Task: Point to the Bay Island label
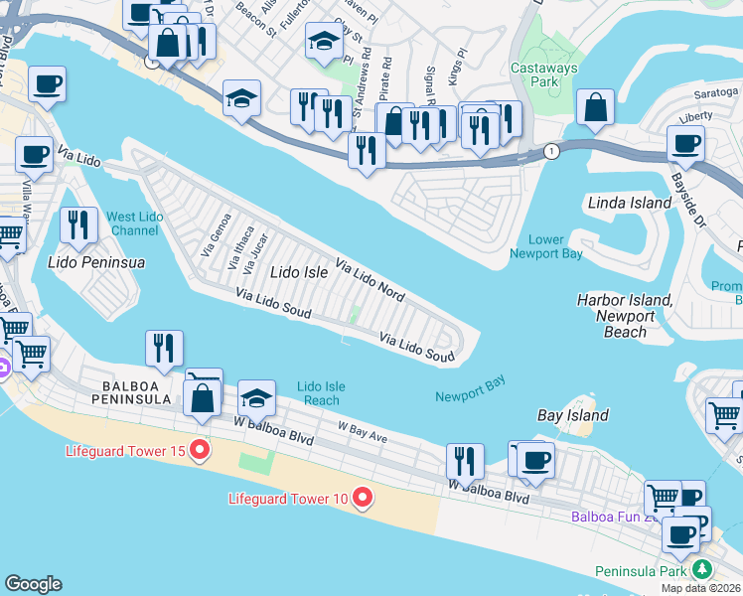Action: pyautogui.click(x=572, y=415)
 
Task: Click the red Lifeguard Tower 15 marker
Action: pyautogui.click(x=200, y=450)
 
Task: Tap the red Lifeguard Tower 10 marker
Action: pyautogui.click(x=363, y=498)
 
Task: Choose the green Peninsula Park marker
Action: pyautogui.click(x=703, y=570)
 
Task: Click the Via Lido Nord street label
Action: pyautogui.click(x=370, y=280)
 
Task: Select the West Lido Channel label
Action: pyautogui.click(x=133, y=223)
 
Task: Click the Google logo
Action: pyautogui.click(x=33, y=584)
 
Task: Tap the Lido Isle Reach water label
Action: pyautogui.click(x=322, y=393)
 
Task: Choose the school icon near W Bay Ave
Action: pyautogui.click(x=257, y=399)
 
